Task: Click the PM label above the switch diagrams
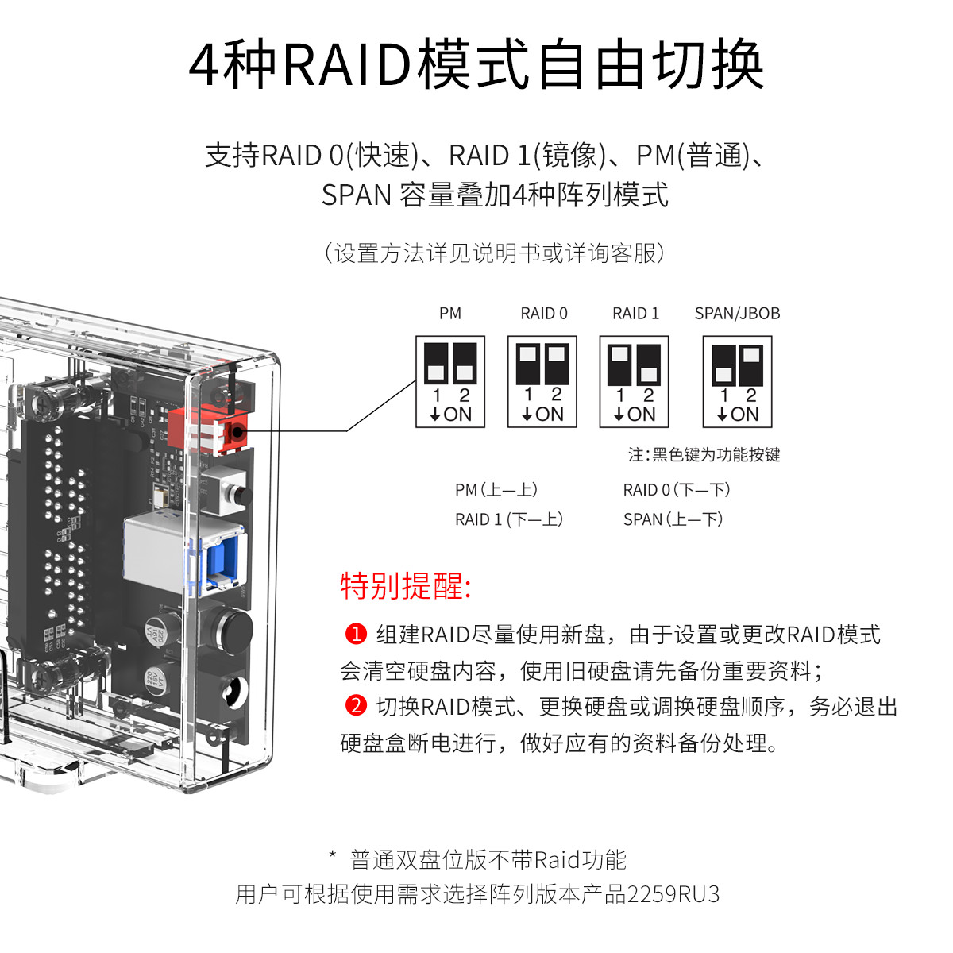coord(449,314)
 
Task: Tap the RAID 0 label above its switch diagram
coord(544,314)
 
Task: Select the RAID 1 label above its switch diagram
coord(635,314)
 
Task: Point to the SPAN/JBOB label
coord(737,314)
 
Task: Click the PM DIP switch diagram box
coord(450,382)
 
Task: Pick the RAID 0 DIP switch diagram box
coord(542,382)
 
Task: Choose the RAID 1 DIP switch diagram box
coord(635,382)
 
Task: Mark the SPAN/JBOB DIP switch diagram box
coord(737,382)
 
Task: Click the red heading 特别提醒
coord(406,586)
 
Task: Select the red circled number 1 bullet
coord(356,634)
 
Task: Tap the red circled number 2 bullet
coord(356,705)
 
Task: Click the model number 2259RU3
coord(673,894)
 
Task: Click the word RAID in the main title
coord(346,65)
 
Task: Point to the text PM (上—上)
coord(496,490)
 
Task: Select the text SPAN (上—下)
coord(673,519)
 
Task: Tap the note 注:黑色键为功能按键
coord(704,455)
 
